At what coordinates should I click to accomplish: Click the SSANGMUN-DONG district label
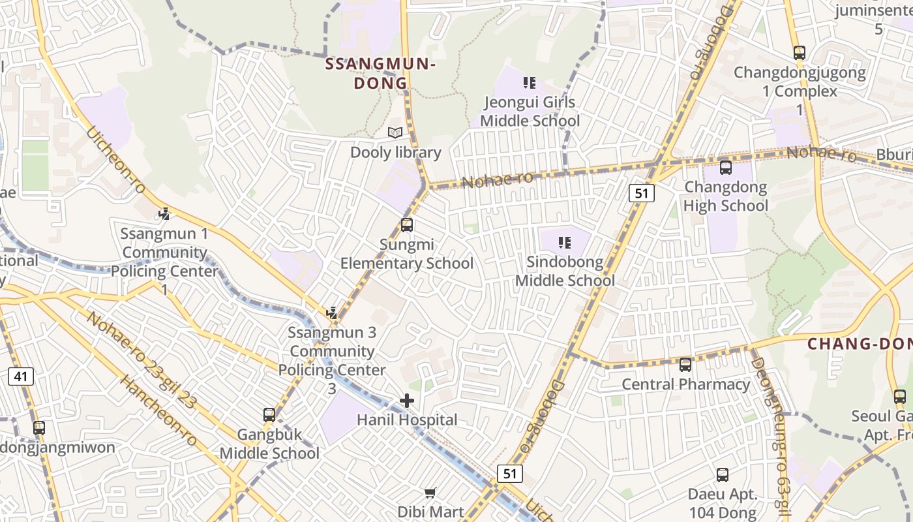[x=380, y=73]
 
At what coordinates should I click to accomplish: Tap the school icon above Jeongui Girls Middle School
[x=530, y=83]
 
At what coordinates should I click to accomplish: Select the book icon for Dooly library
[x=395, y=133]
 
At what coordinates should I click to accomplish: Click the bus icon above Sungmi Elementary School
[x=407, y=225]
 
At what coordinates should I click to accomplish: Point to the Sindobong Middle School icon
[x=565, y=243]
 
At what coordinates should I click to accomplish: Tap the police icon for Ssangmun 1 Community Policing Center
[x=164, y=214]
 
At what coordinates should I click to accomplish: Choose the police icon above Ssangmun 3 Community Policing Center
[x=333, y=313]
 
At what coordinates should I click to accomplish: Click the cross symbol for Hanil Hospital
[x=407, y=401]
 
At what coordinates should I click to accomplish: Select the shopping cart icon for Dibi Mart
[x=430, y=493]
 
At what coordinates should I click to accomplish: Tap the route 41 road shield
[x=22, y=376]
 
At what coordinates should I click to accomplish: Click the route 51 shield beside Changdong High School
[x=642, y=193]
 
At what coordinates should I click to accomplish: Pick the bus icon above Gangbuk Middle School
[x=269, y=415]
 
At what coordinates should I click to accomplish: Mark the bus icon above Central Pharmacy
[x=685, y=365]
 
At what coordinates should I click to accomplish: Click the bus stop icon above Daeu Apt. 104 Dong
[x=723, y=475]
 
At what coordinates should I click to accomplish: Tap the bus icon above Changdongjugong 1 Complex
[x=800, y=53]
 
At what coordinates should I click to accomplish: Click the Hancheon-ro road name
[x=159, y=411]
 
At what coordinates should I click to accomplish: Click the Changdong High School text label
[x=726, y=196]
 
